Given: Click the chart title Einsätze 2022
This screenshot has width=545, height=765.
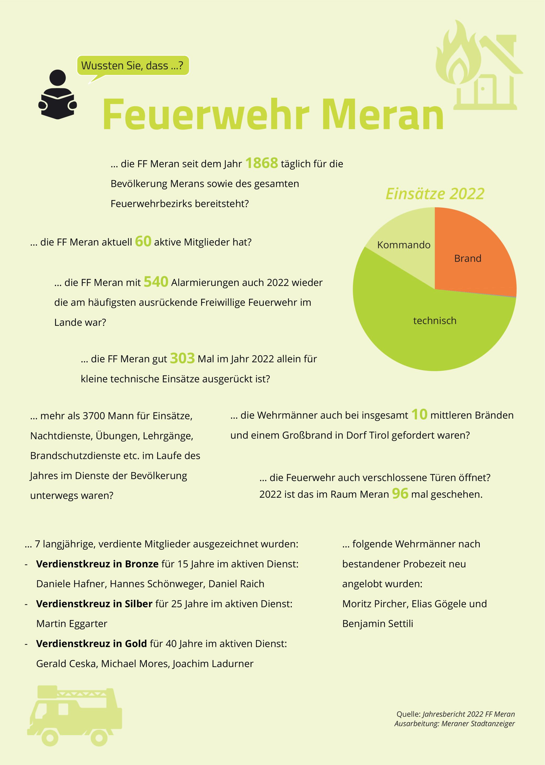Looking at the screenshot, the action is pos(435,194).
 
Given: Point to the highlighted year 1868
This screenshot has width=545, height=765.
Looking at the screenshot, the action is pos(262,163).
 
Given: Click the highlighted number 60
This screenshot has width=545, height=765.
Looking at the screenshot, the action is pos(143,241).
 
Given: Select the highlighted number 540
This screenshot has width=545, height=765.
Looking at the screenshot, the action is pos(156,282).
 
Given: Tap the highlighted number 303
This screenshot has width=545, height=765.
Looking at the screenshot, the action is pos(182,358).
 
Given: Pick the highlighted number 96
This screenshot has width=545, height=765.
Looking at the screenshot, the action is pos(400,494).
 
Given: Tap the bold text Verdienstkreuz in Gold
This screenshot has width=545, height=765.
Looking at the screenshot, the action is pos(92,644).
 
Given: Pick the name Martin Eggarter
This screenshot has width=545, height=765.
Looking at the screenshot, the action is pos(72,623).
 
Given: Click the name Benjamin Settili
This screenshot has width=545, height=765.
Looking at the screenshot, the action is pos(377,623).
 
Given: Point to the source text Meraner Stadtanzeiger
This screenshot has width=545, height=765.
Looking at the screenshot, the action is pos(478,723).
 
